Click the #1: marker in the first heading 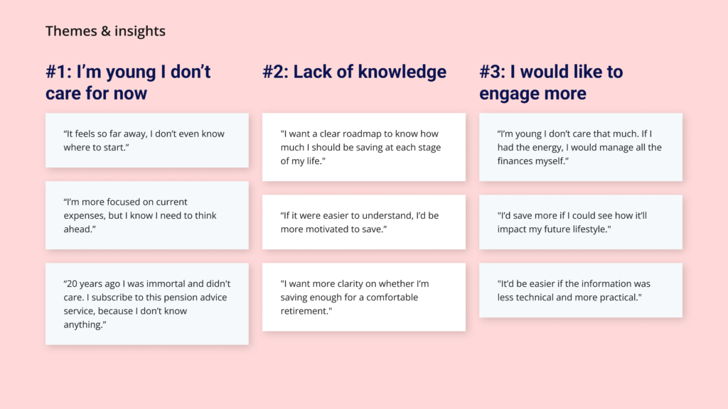(58, 72)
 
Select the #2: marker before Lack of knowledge (275, 72)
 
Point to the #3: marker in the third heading (492, 72)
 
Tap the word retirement (302, 311)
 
